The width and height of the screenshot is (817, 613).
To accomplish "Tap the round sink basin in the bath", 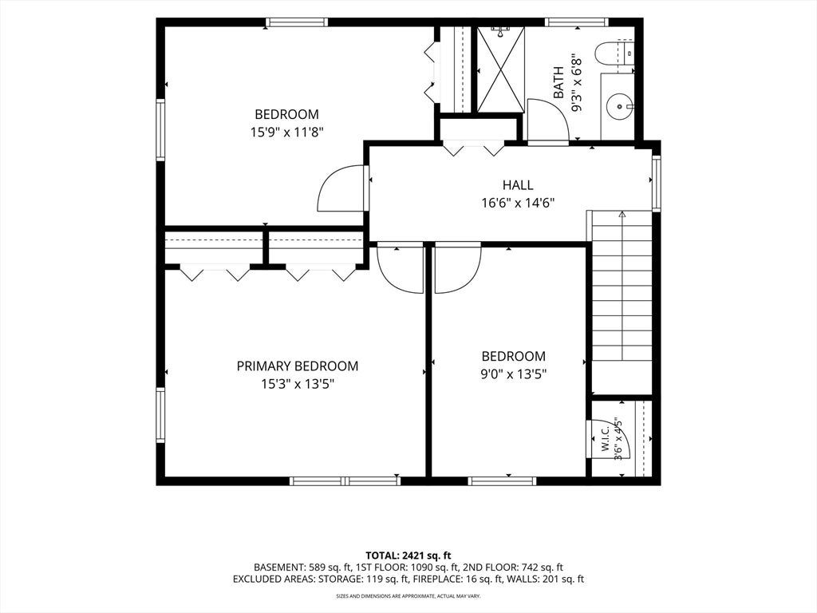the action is (619, 106).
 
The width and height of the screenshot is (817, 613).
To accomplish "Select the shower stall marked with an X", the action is (501, 69).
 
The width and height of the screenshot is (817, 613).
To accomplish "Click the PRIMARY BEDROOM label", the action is (298, 366).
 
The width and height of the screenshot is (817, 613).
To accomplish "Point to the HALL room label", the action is (518, 185).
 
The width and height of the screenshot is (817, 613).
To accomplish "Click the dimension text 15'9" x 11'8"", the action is (287, 132).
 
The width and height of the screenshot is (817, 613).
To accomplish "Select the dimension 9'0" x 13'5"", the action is (513, 374).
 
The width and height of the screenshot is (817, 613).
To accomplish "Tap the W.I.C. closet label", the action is (606, 440).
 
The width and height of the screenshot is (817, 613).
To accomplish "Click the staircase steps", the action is (622, 286).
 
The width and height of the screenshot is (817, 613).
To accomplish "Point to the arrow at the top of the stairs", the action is (622, 214).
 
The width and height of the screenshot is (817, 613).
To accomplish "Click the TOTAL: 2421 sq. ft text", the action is (408, 556).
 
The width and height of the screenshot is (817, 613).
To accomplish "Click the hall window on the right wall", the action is (657, 183).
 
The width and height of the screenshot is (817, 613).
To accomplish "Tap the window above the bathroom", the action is (577, 22).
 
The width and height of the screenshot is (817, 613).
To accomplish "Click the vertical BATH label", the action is (558, 82).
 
